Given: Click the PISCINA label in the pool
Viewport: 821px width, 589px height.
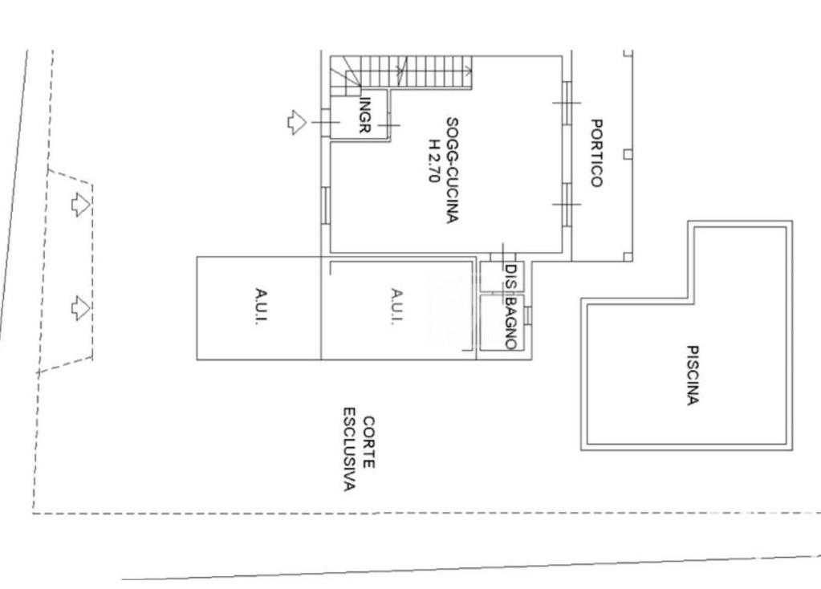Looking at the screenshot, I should (x=693, y=375).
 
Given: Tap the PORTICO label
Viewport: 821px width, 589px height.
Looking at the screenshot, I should (x=596, y=152).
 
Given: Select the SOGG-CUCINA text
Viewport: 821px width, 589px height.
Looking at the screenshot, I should (x=453, y=170).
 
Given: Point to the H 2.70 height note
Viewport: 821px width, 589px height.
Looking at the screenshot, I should (x=434, y=160).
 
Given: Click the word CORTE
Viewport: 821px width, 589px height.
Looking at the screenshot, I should (x=368, y=442).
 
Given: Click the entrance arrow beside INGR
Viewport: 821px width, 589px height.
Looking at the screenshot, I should (x=297, y=122).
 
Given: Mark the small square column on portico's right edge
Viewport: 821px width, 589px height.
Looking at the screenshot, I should (x=628, y=153).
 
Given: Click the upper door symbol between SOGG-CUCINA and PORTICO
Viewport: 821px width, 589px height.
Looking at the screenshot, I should (x=567, y=102).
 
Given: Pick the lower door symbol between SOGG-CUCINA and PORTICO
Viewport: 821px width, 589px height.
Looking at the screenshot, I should (x=567, y=204).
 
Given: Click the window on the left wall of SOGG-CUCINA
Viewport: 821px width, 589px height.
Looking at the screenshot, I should (x=326, y=207).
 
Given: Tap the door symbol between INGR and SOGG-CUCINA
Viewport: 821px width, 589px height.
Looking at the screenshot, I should (x=389, y=125).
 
